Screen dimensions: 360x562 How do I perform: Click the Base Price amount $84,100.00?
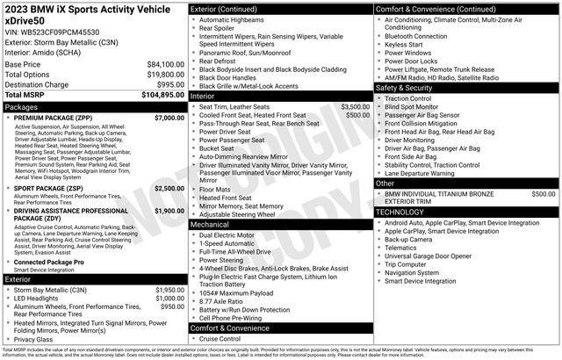pyautogui.click(x=165, y=64)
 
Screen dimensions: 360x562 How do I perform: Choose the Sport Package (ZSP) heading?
pyautogui.click(x=52, y=188)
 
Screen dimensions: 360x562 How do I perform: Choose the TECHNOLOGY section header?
pyautogui.click(x=406, y=212)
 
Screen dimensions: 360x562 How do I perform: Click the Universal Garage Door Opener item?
pyautogui.click(x=435, y=255)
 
